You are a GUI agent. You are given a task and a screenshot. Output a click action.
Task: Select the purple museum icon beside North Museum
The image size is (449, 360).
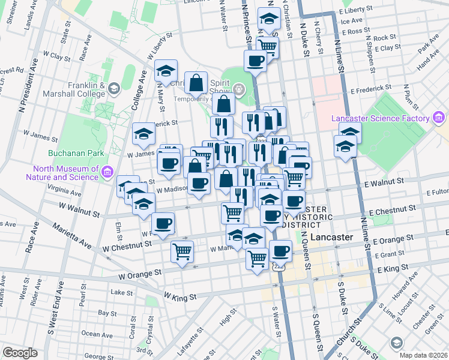pos(107,173)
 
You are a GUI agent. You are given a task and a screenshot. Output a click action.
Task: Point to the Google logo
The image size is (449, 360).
pos(20,353)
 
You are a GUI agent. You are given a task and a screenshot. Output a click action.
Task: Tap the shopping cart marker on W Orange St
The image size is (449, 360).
pos(182,252)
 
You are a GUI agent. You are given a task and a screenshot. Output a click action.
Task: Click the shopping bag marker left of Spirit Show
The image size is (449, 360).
pos(196,83)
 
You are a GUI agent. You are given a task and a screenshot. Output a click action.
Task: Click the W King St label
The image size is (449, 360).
pos(180,297)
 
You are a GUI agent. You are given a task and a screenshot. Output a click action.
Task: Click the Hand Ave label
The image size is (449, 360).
pos(429,61)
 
